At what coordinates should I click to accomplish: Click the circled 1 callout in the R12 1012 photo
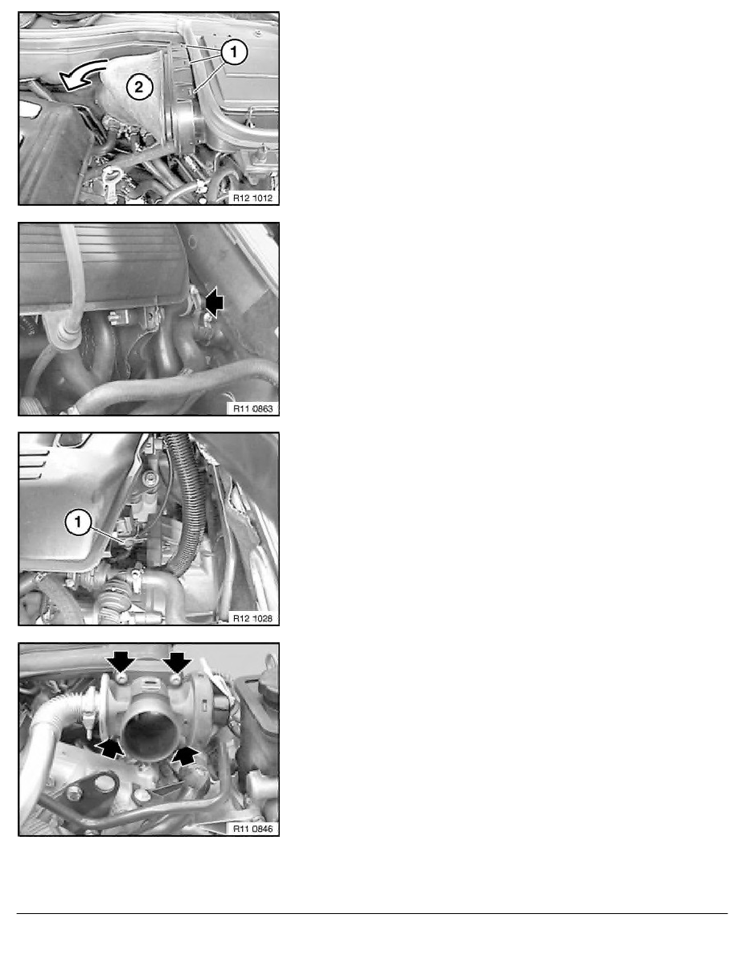[232, 54]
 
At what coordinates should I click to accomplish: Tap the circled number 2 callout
[138, 89]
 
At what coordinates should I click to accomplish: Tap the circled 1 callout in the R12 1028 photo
[78, 523]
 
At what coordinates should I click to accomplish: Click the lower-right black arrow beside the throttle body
[187, 755]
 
